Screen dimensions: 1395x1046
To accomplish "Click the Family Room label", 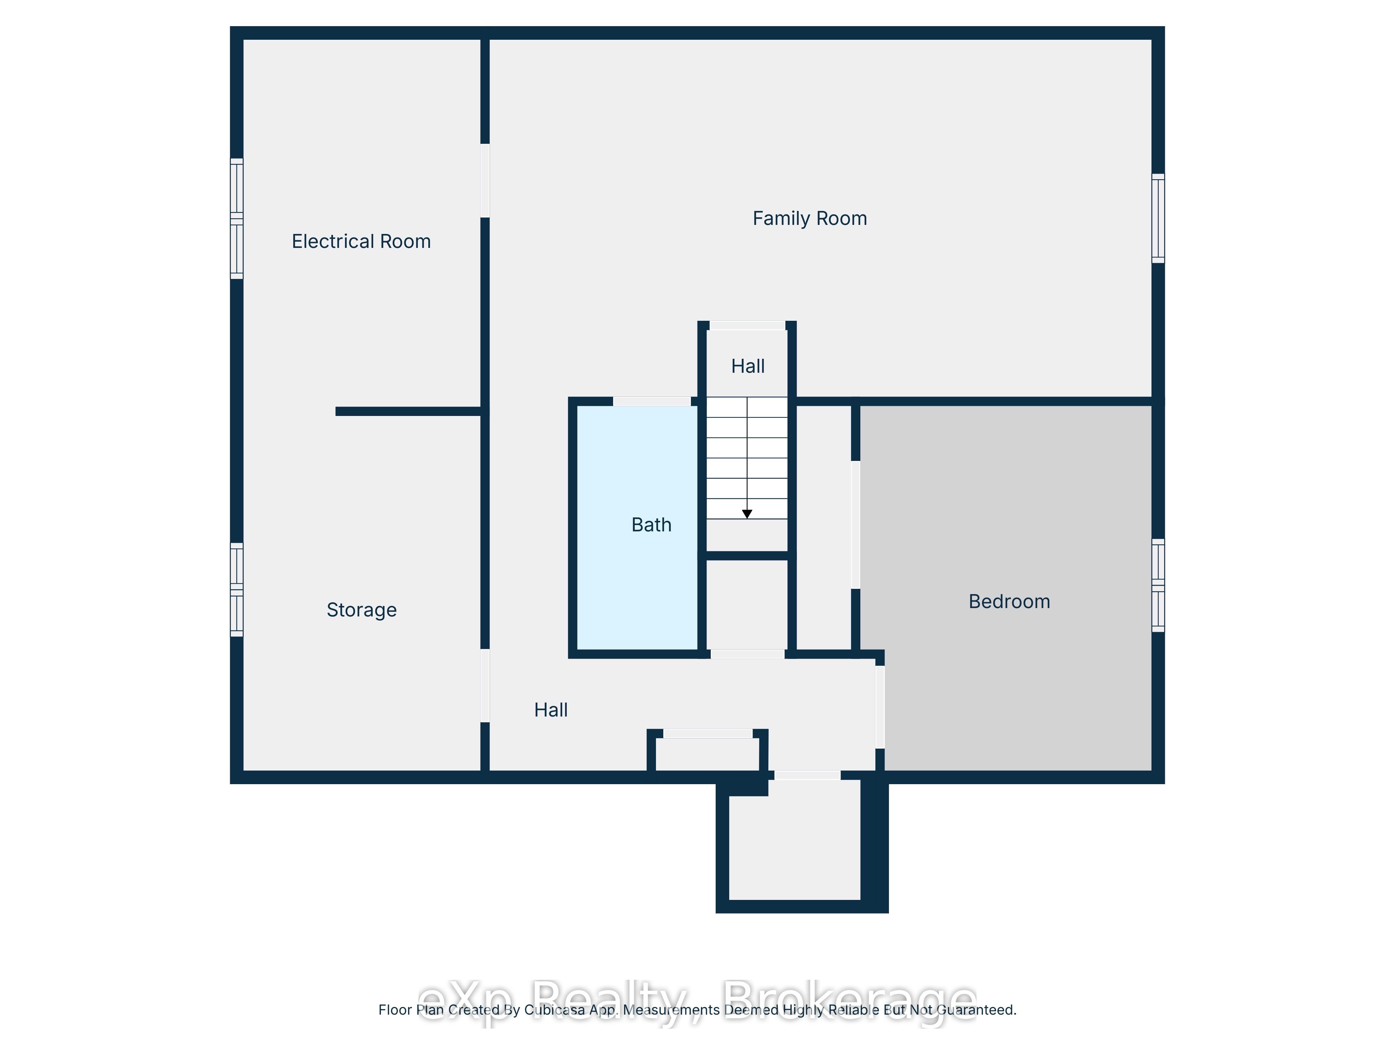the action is (x=810, y=218).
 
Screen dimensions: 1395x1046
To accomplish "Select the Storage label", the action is (x=361, y=610).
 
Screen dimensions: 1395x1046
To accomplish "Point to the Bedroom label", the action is (x=1009, y=601).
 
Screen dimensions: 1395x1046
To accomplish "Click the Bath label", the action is (x=651, y=525).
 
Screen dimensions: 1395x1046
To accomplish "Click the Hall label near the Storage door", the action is (x=551, y=710).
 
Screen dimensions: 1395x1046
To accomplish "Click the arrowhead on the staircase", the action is (x=747, y=514).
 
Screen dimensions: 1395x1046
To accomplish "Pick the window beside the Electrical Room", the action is (x=236, y=218).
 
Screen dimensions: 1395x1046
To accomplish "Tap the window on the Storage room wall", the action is (x=236, y=590).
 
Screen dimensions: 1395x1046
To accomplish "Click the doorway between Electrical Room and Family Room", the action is (x=485, y=181).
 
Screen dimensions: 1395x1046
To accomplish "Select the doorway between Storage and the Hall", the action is (x=485, y=685).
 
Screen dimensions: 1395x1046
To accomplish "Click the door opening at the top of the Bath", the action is (x=652, y=401).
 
